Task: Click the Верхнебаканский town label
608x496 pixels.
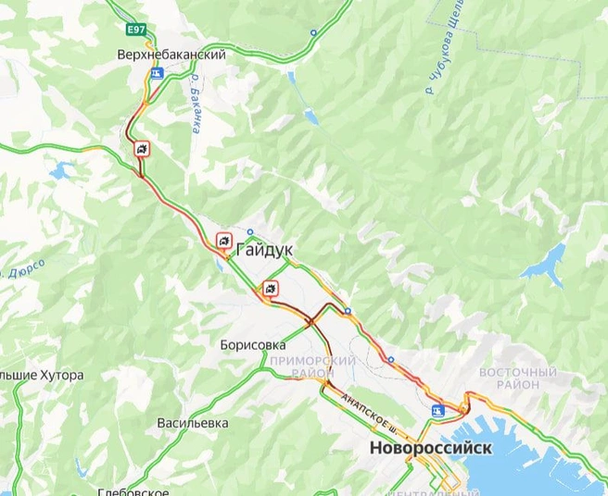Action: click(x=171, y=56)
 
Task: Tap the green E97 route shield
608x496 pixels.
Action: click(x=136, y=31)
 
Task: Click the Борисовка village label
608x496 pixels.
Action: click(x=253, y=344)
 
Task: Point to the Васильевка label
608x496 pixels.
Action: click(x=193, y=423)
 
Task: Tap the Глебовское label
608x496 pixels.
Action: click(x=133, y=490)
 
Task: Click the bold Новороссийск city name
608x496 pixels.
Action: click(x=430, y=448)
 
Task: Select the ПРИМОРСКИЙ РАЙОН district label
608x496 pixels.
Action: click(x=313, y=366)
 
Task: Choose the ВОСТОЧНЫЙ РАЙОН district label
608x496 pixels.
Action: click(x=517, y=378)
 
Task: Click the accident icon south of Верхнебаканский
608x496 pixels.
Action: click(x=140, y=150)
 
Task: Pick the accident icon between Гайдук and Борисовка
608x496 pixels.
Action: click(x=270, y=287)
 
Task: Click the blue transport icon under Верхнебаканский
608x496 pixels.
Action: click(x=158, y=70)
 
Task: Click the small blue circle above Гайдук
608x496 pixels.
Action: click(x=250, y=232)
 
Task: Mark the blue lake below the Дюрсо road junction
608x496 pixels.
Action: click(x=62, y=171)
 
